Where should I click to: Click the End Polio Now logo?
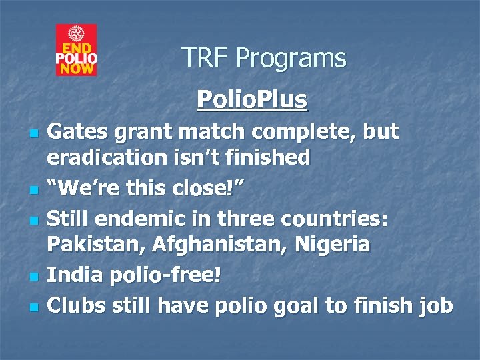pos(76,50)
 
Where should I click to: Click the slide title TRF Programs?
pos(264,59)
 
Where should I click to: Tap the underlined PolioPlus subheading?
pos(252,100)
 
